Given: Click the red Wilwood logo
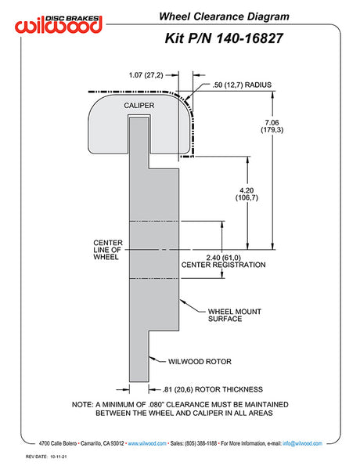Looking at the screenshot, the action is (59, 24).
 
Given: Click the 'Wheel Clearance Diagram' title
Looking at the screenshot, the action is (224, 16).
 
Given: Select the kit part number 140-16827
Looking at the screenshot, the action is (249, 38).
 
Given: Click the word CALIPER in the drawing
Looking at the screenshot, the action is (139, 106).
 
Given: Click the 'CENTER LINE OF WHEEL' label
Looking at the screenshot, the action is (108, 250).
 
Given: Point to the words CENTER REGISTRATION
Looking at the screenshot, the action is (223, 265).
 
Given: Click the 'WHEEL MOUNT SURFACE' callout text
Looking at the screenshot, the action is (234, 315).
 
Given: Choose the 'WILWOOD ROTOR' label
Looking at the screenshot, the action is (200, 362).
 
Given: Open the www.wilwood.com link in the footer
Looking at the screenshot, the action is (147, 443).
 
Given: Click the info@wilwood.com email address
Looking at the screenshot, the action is (302, 443).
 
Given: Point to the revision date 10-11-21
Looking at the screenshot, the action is (59, 457).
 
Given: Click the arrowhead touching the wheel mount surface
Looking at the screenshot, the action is (182, 302).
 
